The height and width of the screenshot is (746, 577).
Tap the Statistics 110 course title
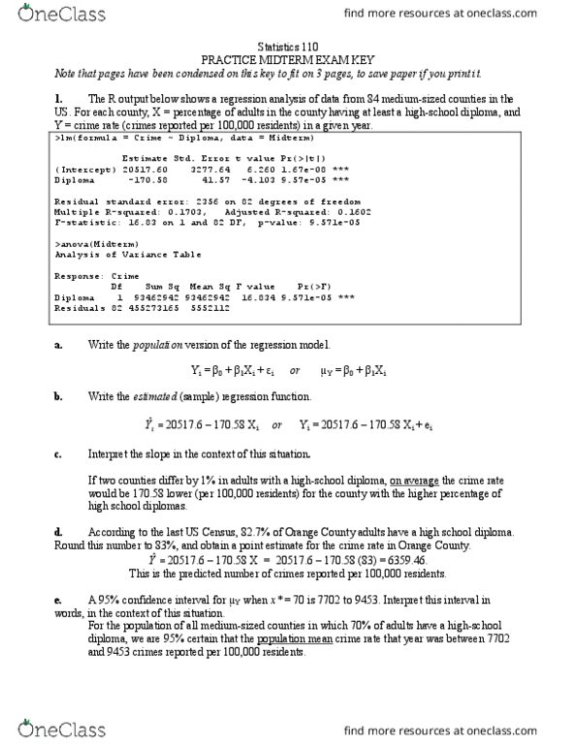point(288,46)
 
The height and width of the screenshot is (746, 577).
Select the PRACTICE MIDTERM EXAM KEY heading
point(288,59)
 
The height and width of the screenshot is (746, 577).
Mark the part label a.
point(60,346)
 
